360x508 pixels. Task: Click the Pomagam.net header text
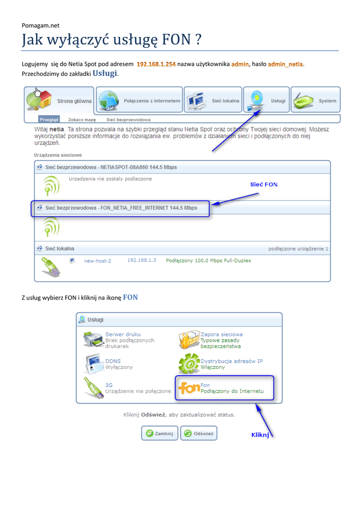pos(41,25)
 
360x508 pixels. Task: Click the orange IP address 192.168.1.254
pos(156,64)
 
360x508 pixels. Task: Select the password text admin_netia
pos(286,64)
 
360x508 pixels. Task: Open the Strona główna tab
pos(60,101)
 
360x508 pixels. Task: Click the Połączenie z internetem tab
pos(139,101)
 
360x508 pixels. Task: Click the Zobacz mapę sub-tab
pos(83,120)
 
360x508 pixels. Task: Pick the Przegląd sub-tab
pos(49,120)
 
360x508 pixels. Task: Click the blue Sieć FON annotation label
pos(264,185)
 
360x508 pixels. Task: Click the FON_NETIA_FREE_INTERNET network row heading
pos(121,208)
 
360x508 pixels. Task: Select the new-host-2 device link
pos(97,260)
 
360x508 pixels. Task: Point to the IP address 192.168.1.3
pos(142,260)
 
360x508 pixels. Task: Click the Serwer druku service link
pos(123,334)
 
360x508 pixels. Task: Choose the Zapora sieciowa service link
pos(221,334)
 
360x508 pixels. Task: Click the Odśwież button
pos(199,433)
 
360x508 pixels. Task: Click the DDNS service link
pos(113,361)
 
